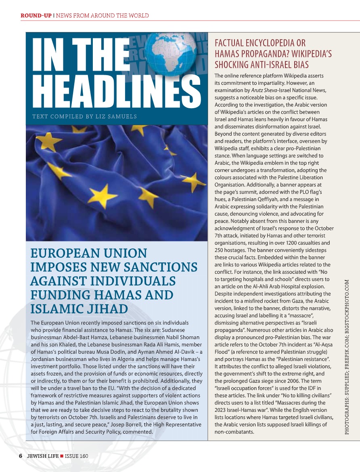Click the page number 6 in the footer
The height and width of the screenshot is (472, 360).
tap(20, 455)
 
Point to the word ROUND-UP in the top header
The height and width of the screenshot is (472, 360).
tap(36, 16)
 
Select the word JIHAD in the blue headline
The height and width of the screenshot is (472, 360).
tap(106, 308)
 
